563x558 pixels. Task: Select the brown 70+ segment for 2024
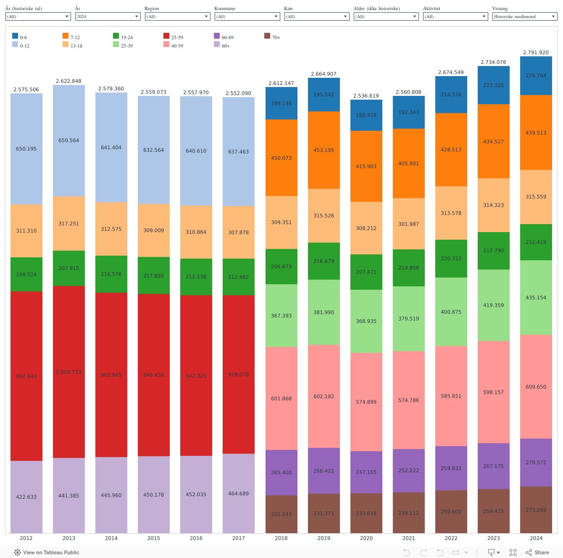[x=536, y=510]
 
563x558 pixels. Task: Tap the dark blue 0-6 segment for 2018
[x=281, y=103]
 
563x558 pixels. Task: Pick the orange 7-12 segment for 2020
[x=366, y=167]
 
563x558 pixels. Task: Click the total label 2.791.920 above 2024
[x=536, y=53]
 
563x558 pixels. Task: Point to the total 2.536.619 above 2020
[x=366, y=96]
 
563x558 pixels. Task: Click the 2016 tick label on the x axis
[x=196, y=538]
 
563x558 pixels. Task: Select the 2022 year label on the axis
[x=451, y=538]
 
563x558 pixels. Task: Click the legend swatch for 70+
[x=267, y=36]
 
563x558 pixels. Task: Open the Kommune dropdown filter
[x=247, y=16]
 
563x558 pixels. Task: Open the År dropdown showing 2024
[x=108, y=16]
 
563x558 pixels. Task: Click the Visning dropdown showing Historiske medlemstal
[x=525, y=16]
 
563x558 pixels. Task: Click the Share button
[x=537, y=553]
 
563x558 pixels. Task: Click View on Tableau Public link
[x=47, y=553]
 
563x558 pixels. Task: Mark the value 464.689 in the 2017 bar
[x=238, y=494]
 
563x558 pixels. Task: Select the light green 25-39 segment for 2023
[x=493, y=305]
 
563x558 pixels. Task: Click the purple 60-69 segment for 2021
[x=408, y=471]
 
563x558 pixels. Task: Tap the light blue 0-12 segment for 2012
[x=26, y=149]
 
